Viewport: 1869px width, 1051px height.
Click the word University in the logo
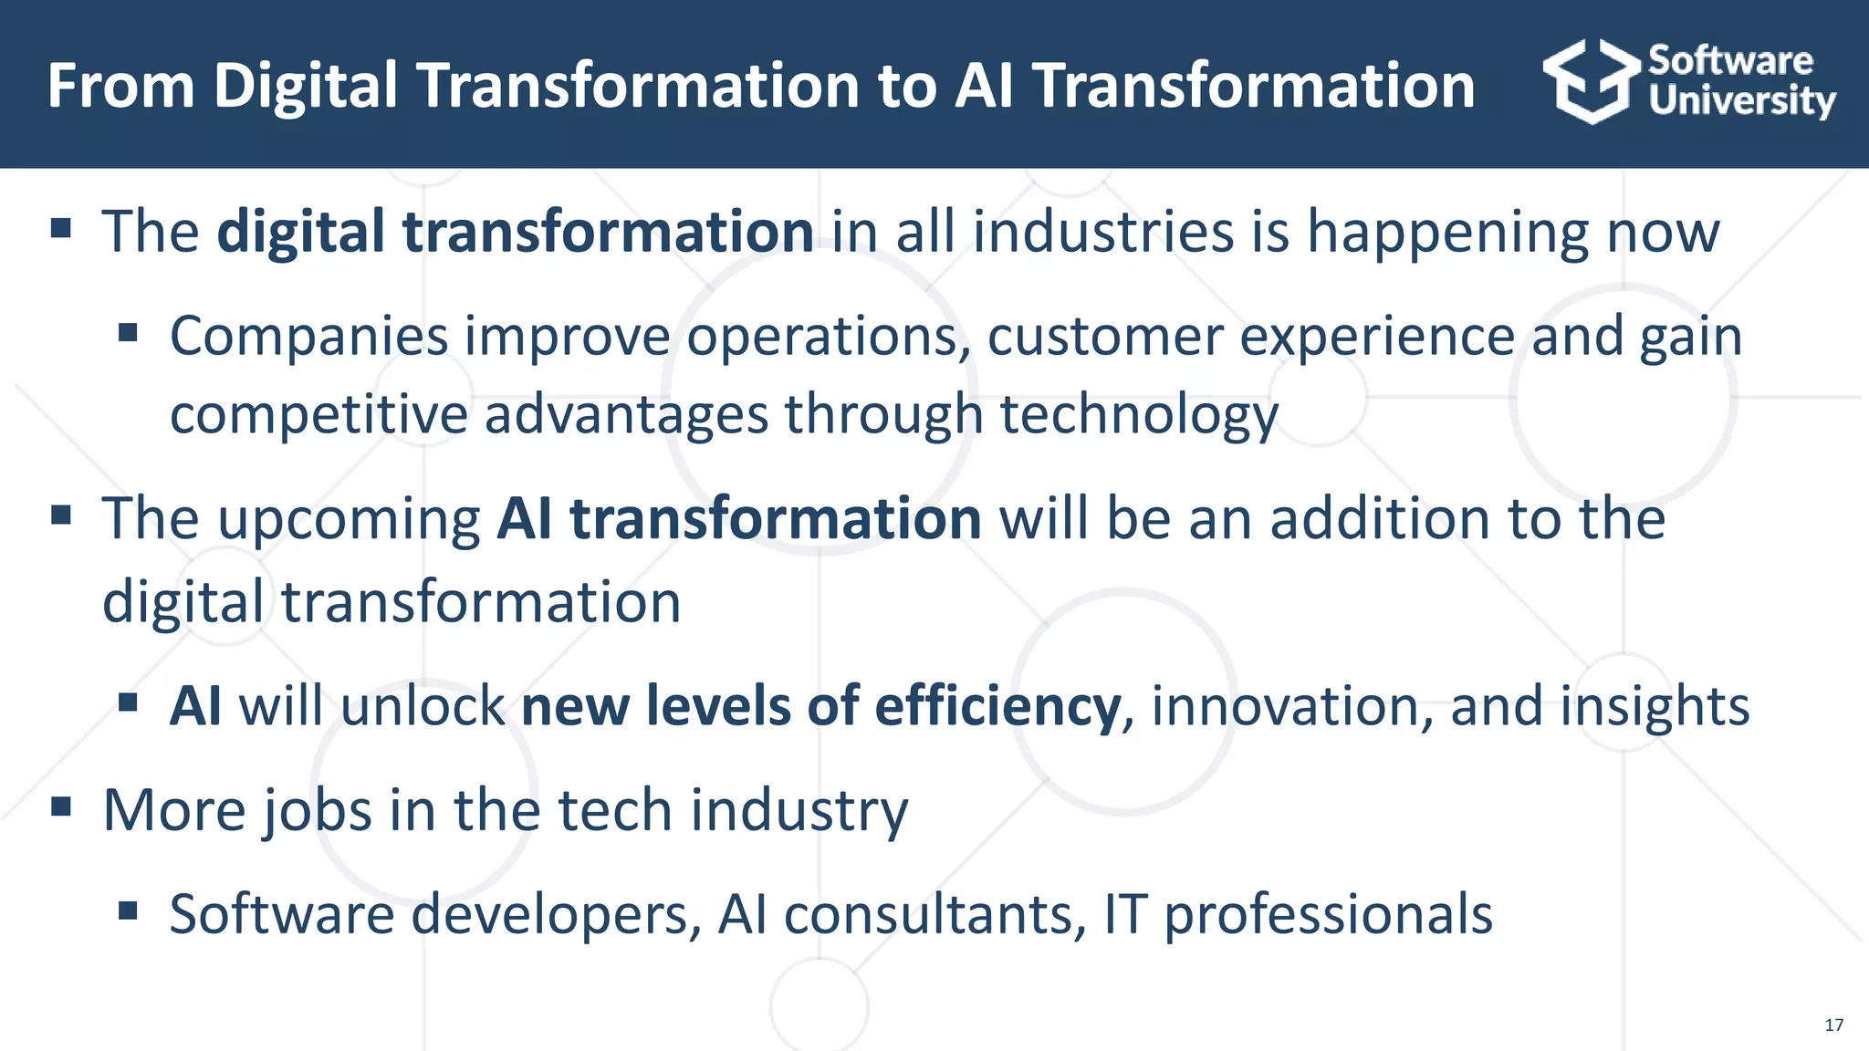click(x=1741, y=100)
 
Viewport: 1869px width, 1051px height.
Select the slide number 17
click(x=1833, y=1025)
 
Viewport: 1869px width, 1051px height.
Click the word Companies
click(x=308, y=337)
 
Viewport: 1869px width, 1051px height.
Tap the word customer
click(x=1104, y=337)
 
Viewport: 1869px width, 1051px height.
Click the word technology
click(x=1139, y=415)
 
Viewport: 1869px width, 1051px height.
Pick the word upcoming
click(x=349, y=520)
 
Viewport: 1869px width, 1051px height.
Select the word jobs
click(x=317, y=810)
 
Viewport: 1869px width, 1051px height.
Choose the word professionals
click(x=1328, y=914)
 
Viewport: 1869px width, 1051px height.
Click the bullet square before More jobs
click(x=61, y=806)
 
